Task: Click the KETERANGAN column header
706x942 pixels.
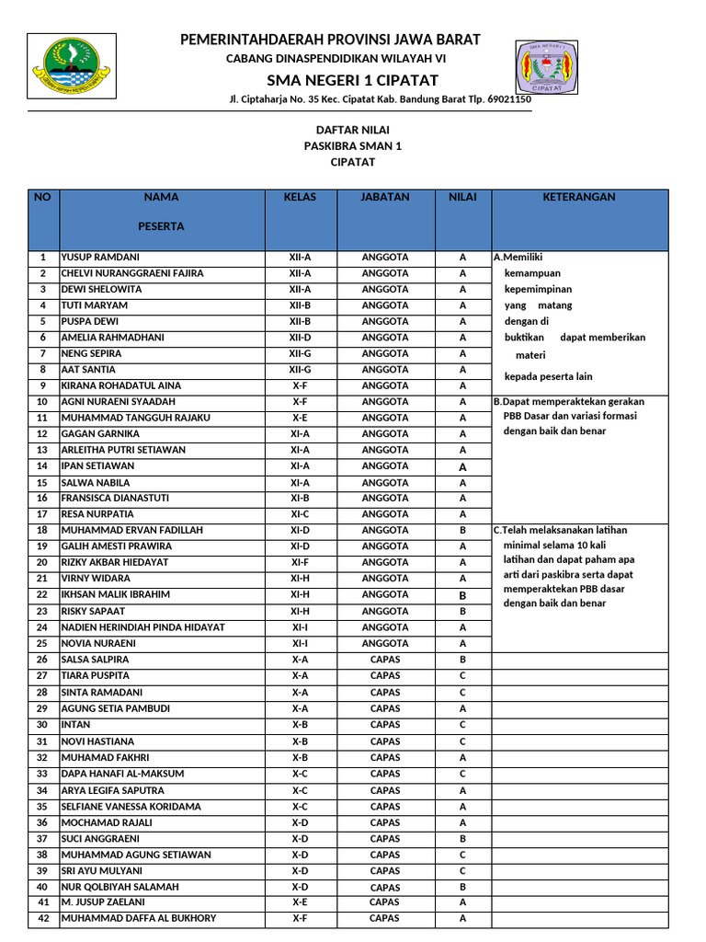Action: click(579, 197)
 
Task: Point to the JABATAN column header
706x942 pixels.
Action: click(385, 197)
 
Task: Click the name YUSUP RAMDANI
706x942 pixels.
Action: click(100, 258)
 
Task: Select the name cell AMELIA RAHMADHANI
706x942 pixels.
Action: click(112, 338)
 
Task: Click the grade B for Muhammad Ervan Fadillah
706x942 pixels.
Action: click(462, 531)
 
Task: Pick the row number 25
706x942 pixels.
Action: click(42, 644)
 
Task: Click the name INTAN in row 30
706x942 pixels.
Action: click(75, 725)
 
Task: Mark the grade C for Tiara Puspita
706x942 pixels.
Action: click(462, 676)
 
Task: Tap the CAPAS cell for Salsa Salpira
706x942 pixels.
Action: click(385, 660)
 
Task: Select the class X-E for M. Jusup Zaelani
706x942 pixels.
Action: click(300, 902)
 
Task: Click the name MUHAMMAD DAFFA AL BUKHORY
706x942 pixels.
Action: click(139, 918)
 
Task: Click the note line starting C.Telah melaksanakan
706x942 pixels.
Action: click(560, 531)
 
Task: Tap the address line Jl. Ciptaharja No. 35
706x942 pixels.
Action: click(380, 99)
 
